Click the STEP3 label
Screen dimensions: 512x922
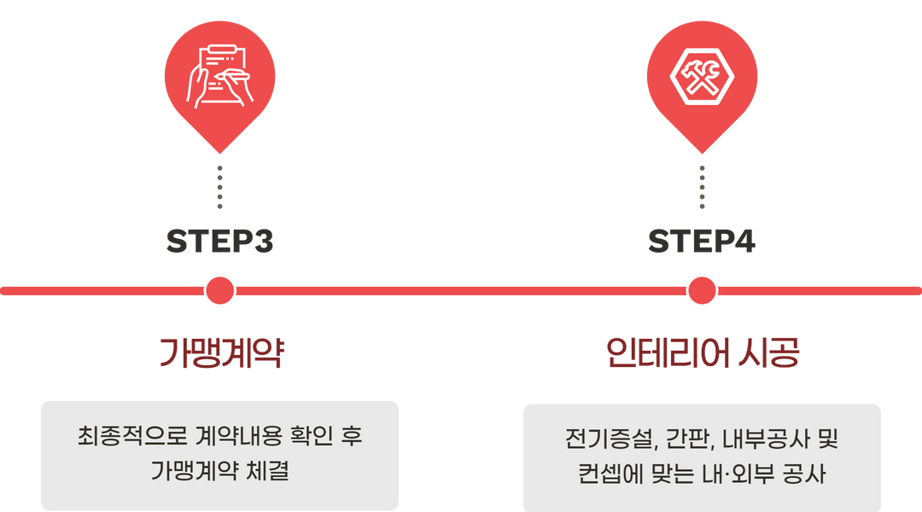(219, 242)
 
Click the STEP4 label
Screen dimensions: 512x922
(702, 242)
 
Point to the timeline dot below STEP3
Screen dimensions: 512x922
(219, 291)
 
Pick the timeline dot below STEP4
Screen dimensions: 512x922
(702, 291)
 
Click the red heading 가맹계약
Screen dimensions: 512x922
(220, 352)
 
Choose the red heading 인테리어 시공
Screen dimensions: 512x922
(702, 352)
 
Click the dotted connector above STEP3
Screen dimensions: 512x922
(219, 188)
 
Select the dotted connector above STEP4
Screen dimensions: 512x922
(702, 188)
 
